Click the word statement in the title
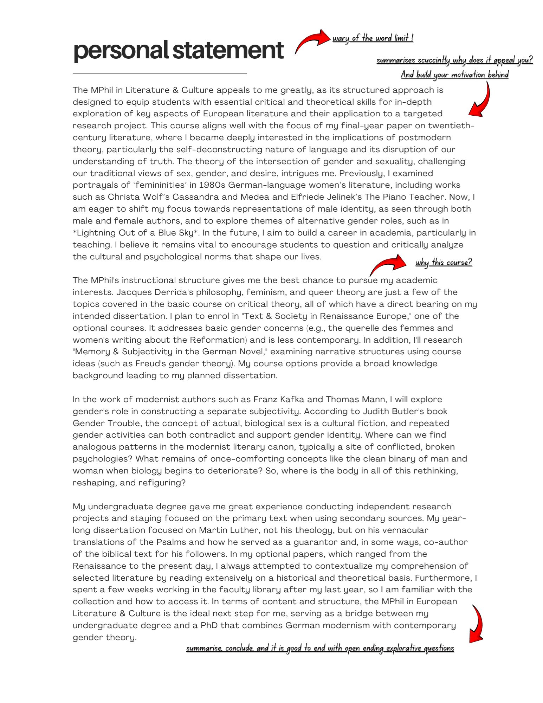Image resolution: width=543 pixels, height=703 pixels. tap(228, 50)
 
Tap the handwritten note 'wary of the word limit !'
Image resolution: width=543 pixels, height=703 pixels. tap(373, 38)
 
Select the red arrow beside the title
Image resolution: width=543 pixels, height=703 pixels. tap(312, 40)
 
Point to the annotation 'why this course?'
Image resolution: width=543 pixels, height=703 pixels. tap(444, 262)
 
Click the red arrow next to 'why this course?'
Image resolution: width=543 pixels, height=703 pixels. tap(388, 264)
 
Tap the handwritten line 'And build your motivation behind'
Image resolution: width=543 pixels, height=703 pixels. tap(454, 75)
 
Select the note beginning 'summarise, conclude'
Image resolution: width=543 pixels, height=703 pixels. tap(320, 648)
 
